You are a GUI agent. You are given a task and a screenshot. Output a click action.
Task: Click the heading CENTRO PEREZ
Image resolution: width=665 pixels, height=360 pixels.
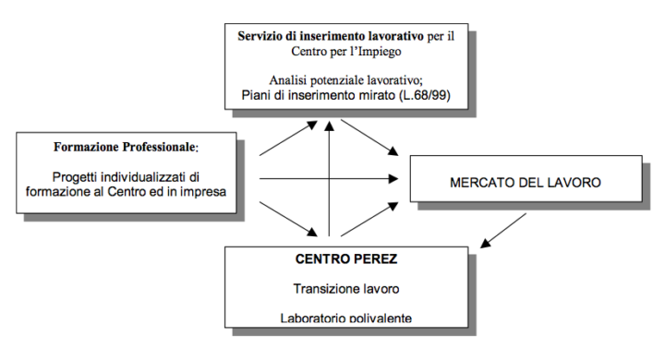[x=346, y=259]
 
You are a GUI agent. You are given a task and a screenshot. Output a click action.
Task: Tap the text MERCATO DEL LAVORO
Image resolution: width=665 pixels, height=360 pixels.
[x=526, y=183]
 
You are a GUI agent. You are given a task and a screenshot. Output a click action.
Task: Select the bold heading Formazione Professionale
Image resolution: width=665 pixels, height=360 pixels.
[x=125, y=147]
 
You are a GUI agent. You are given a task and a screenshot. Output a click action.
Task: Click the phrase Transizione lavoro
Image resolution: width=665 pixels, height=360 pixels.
[x=346, y=289]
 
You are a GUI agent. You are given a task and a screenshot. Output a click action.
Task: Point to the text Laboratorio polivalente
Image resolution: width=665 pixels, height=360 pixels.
[x=346, y=318]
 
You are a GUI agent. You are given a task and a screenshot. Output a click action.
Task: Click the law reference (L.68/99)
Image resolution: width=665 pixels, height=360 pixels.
[x=425, y=95]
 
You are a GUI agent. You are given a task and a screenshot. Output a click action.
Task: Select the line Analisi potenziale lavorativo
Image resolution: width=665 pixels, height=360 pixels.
[x=346, y=79]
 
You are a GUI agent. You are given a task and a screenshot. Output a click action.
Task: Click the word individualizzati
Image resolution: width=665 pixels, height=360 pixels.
[x=143, y=176]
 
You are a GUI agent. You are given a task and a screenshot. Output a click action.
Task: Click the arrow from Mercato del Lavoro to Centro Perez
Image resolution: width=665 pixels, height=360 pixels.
[x=503, y=230]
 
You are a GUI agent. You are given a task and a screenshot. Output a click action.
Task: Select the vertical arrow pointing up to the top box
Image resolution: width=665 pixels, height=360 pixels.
[x=329, y=178]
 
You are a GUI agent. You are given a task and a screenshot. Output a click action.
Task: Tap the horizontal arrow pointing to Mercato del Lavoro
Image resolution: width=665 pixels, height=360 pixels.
[x=329, y=178]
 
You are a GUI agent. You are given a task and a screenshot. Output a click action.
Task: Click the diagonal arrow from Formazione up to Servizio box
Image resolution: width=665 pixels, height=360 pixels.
[x=288, y=138]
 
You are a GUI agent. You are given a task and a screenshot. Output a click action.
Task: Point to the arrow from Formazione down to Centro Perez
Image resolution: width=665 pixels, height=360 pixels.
[x=288, y=219]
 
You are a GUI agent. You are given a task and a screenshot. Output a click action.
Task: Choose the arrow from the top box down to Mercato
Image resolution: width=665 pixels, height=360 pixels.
[x=369, y=138]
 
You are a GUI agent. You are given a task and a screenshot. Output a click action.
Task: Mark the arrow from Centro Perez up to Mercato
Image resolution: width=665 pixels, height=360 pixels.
[x=369, y=219]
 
